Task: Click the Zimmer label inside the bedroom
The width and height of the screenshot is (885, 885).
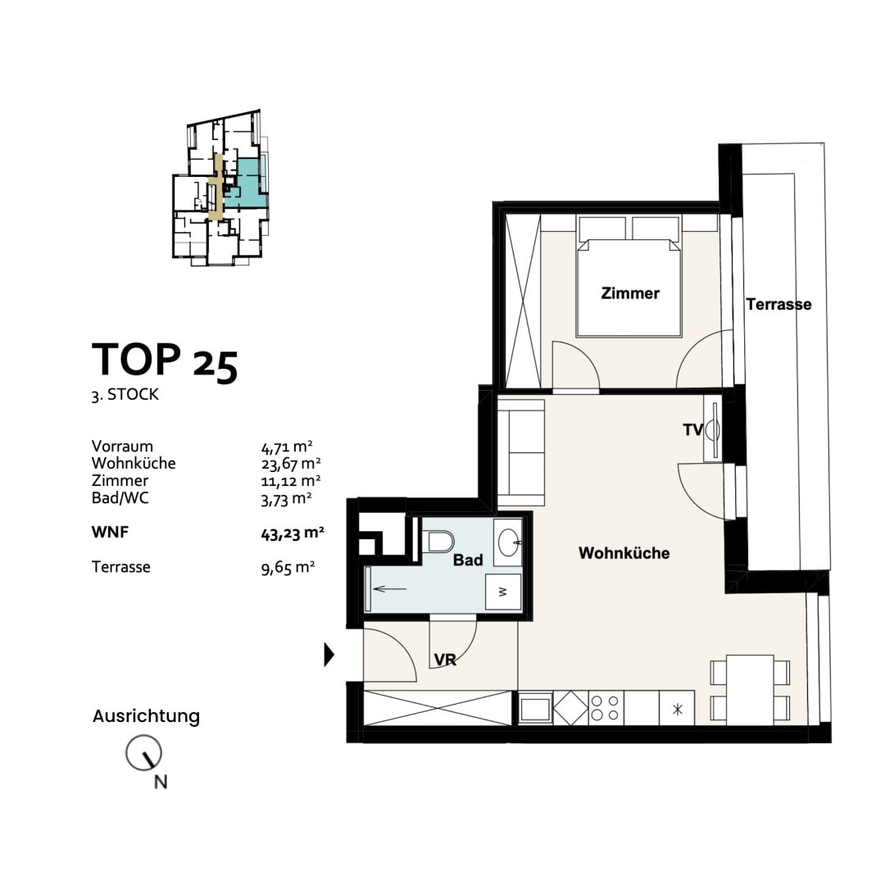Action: [x=630, y=293]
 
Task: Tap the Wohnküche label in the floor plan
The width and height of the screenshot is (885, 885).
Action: [x=624, y=553]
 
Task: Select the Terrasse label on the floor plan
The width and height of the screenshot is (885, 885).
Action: [x=779, y=304]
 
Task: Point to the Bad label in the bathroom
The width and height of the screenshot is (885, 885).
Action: [x=468, y=560]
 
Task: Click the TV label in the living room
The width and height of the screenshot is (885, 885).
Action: [x=692, y=430]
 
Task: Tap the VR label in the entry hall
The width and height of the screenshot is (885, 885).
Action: [x=445, y=659]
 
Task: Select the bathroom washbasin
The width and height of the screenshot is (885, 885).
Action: [x=509, y=542]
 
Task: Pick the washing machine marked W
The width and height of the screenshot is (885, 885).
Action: [x=503, y=592]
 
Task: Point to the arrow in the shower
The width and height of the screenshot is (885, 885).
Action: [x=389, y=589]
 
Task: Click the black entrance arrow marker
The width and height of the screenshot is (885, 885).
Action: [x=329, y=655]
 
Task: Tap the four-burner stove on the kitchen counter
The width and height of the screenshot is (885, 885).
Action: [x=606, y=708]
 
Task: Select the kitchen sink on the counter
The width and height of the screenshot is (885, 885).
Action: [x=536, y=708]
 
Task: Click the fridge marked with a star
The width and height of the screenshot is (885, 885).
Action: [x=678, y=708]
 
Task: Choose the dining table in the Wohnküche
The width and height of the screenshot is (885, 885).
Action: [x=750, y=689]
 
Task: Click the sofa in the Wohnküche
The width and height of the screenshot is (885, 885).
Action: [x=521, y=452]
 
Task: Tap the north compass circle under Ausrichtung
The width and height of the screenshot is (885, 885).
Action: [x=143, y=753]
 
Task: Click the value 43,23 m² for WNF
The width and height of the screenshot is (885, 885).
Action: [x=293, y=533]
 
